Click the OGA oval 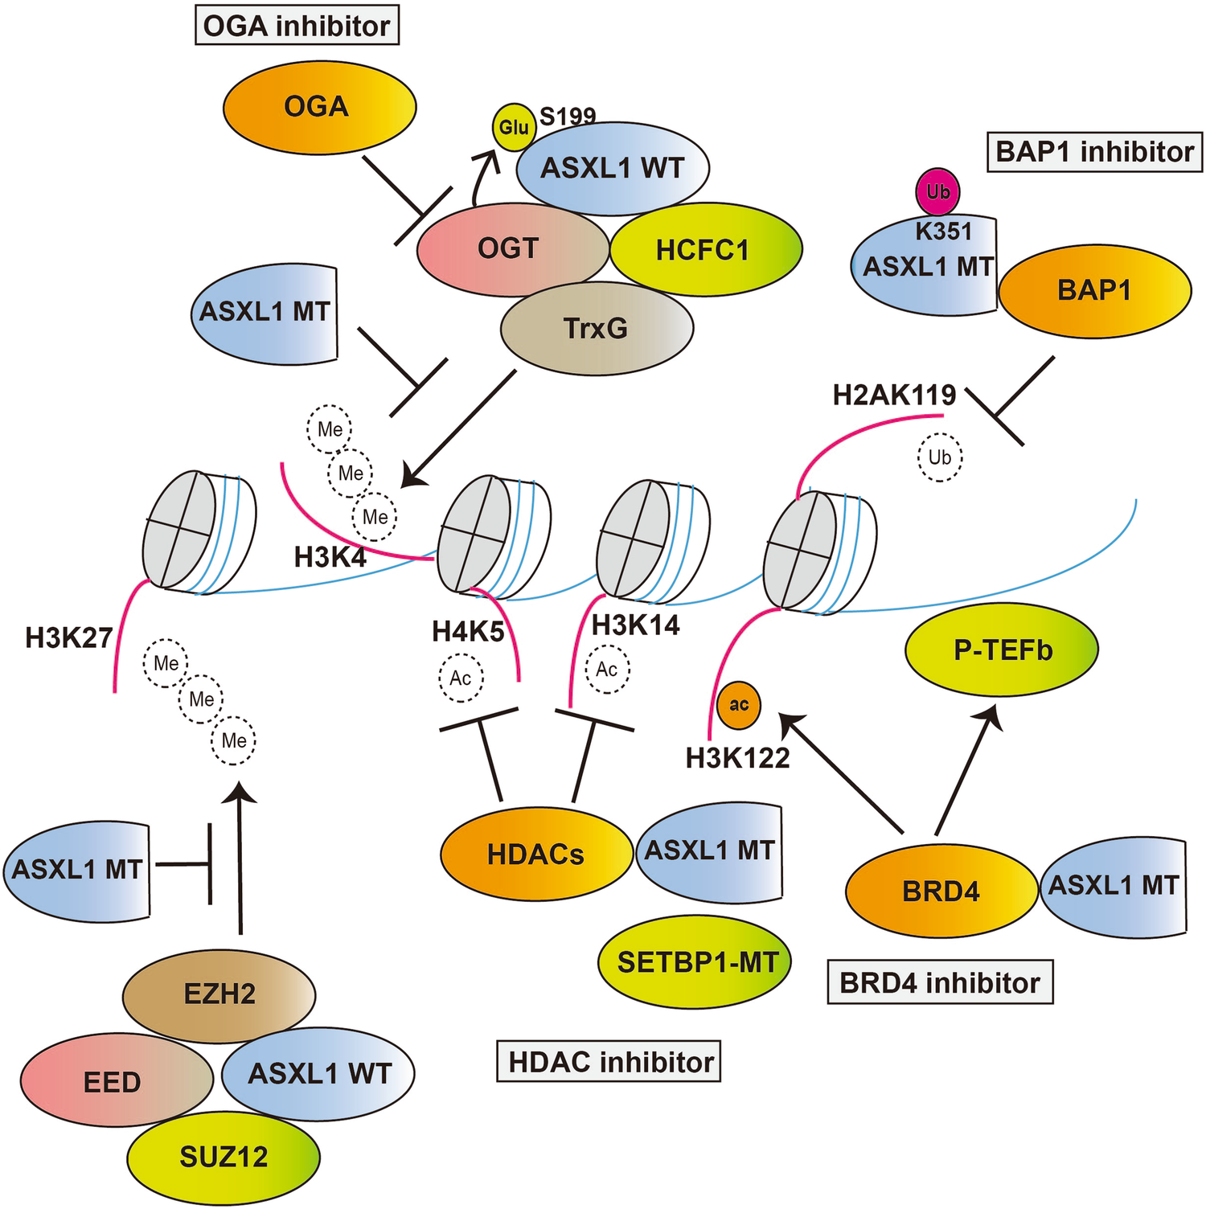pyautogui.click(x=318, y=107)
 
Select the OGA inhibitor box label pyautogui.click(x=297, y=27)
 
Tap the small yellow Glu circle pyautogui.click(x=514, y=127)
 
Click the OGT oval pyautogui.click(x=508, y=249)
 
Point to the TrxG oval pyautogui.click(x=596, y=328)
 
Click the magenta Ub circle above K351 pyautogui.click(x=937, y=192)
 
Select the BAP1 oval pyautogui.click(x=1094, y=289)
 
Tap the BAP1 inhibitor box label pyautogui.click(x=1094, y=152)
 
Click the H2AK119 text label pyautogui.click(x=894, y=395)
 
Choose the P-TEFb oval pyautogui.click(x=1002, y=650)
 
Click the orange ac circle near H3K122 pyautogui.click(x=738, y=705)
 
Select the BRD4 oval pyautogui.click(x=941, y=891)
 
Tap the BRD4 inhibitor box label pyautogui.click(x=940, y=982)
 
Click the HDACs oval pyautogui.click(x=535, y=854)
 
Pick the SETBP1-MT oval pyautogui.click(x=696, y=961)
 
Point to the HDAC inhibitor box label pyautogui.click(x=610, y=1062)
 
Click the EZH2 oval pyautogui.click(x=219, y=994)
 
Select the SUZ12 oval pyautogui.click(x=224, y=1157)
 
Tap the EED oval pyautogui.click(x=113, y=1081)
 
